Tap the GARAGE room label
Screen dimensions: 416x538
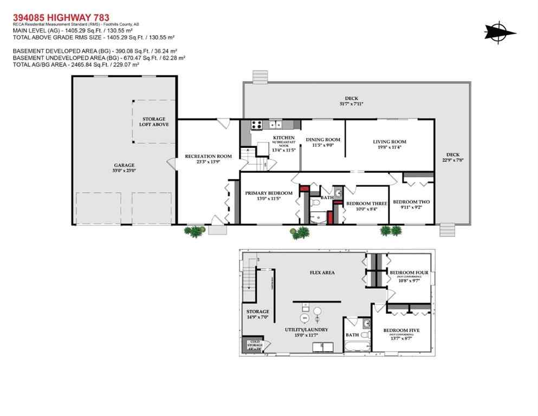(124, 165)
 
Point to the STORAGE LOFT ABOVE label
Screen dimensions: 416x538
(154, 121)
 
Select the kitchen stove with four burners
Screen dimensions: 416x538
(257, 125)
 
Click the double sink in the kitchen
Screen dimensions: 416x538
(275, 124)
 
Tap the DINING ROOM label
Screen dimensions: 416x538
(323, 140)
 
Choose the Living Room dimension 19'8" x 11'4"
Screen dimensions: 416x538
(389, 147)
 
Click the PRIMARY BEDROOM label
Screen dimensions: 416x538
(269, 193)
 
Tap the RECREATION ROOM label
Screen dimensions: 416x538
(208, 156)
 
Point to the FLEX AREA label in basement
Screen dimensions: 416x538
(322, 272)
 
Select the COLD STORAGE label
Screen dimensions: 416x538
(255, 343)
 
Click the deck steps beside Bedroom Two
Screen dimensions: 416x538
(448, 230)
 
